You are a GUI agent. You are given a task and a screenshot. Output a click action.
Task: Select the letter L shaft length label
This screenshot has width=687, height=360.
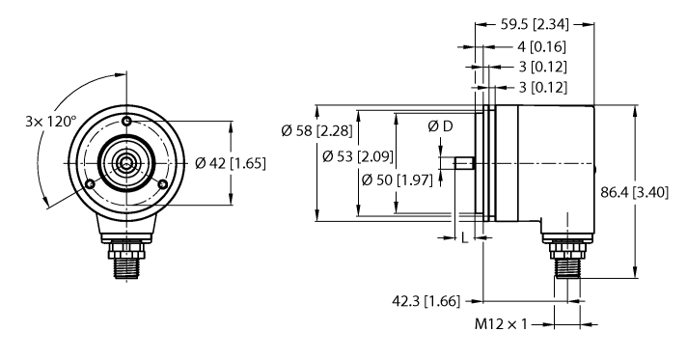466,237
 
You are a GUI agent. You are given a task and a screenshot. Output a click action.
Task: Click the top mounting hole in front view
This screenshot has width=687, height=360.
127,120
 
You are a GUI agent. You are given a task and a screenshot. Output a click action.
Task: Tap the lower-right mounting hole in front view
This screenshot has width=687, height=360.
164,184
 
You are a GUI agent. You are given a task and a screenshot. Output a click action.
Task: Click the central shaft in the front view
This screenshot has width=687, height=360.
127,163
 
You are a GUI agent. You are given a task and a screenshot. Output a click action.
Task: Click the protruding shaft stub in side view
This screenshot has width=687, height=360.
462,163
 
